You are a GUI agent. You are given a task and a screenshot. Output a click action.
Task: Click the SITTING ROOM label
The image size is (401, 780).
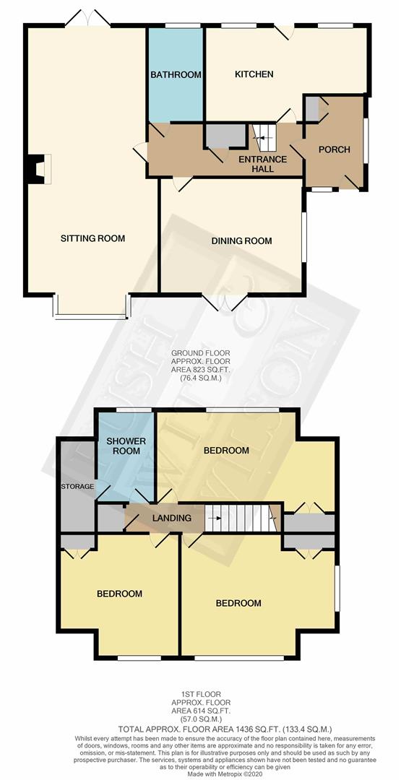92,238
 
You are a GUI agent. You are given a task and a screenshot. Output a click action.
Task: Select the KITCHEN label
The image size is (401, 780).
254,74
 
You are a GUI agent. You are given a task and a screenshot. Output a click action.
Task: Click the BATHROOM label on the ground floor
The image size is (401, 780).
176,74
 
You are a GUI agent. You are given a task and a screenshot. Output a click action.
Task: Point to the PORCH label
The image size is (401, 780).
334,149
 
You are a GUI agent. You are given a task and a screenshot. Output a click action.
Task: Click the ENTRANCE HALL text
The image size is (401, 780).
263,164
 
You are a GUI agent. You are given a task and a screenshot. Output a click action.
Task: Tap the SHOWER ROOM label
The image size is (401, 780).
126,446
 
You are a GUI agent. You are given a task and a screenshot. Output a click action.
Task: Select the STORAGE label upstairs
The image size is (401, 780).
77,486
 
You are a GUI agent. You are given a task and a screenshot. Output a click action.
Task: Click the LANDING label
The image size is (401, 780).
171,518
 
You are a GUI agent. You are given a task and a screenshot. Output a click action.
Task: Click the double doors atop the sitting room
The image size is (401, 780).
86,19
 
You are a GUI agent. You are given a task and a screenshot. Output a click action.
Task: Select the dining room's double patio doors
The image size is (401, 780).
225,302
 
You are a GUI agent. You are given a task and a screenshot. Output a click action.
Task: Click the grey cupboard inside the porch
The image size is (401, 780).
312,109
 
